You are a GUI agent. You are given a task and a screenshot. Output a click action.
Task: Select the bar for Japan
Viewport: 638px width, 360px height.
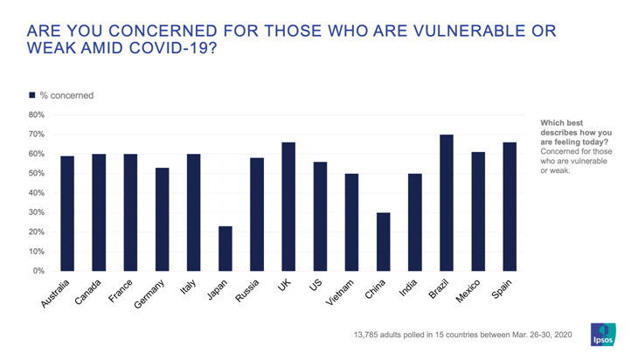[x=225, y=248]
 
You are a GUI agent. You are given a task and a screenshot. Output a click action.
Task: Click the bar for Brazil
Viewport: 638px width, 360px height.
[x=446, y=203]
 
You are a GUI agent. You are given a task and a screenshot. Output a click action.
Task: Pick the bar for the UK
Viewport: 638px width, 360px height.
[x=288, y=206]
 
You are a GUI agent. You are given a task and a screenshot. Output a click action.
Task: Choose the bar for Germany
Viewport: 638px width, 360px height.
[x=162, y=219]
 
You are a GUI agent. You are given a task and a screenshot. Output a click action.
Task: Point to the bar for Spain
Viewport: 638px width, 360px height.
[x=509, y=206]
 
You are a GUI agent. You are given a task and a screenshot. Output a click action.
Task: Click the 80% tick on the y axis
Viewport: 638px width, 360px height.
[x=36, y=114]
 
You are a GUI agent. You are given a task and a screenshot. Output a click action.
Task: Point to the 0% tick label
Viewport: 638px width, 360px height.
[x=38, y=271]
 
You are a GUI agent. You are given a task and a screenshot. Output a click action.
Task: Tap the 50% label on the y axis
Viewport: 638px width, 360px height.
[x=36, y=173]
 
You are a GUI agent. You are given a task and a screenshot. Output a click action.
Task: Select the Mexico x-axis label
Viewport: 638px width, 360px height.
[x=469, y=290]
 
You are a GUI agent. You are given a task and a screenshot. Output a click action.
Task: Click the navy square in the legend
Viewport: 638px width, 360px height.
[x=32, y=95]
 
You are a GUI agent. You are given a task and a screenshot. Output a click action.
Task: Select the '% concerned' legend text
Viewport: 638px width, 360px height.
[x=67, y=95]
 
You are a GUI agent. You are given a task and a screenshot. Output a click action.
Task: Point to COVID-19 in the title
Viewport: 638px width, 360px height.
[x=168, y=47]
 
